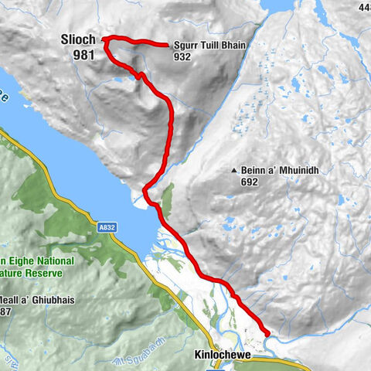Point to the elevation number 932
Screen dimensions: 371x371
[x=182, y=56]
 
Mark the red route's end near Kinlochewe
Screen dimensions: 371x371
[x=267, y=333]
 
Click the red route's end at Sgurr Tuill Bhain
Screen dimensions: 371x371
[x=168, y=45]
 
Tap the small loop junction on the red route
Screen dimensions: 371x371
[x=138, y=75]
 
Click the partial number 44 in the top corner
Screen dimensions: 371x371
[x=365, y=7]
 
